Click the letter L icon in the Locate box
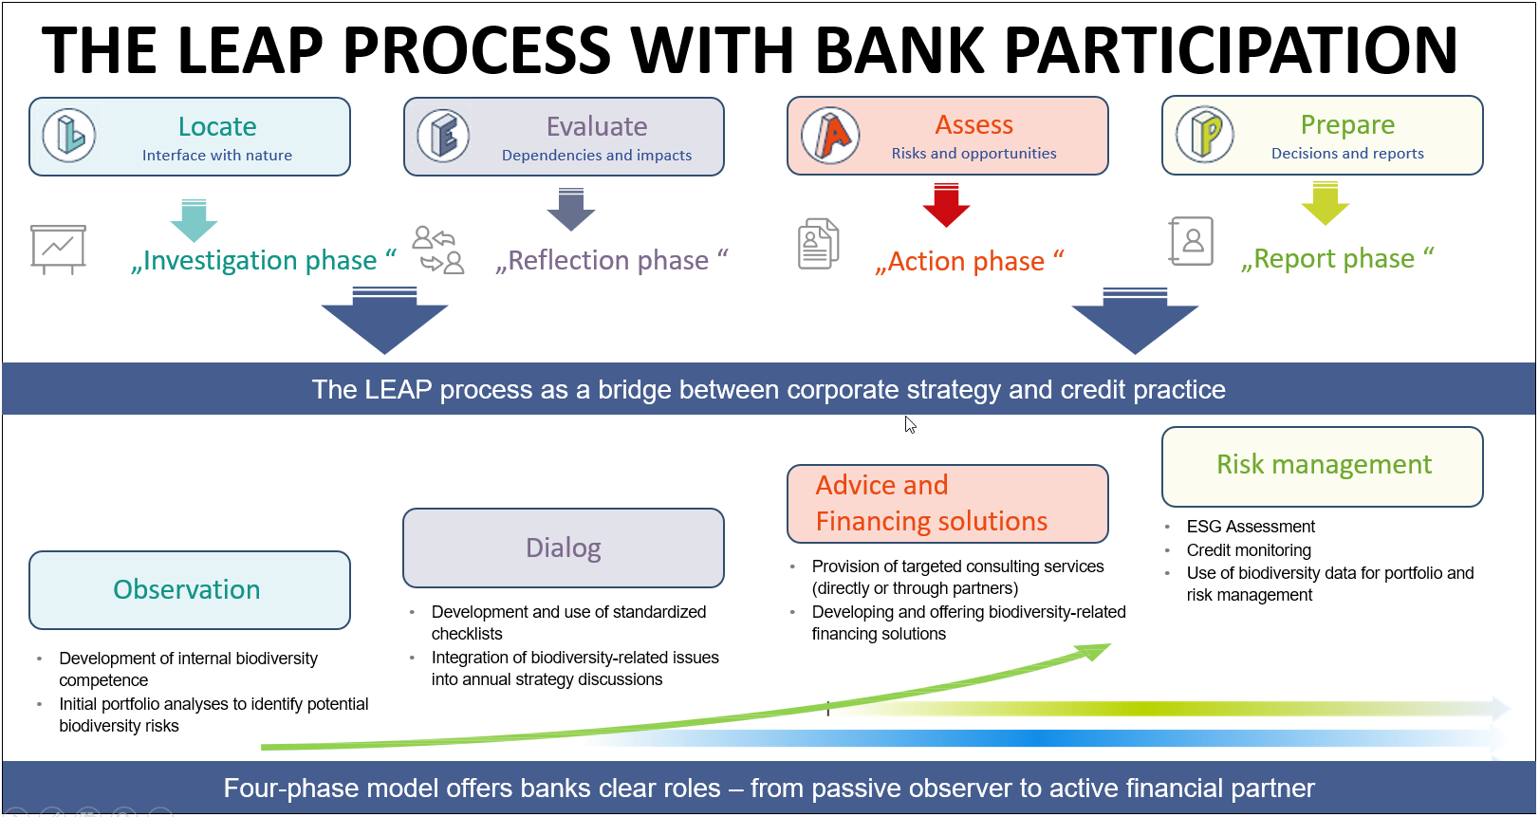(x=69, y=136)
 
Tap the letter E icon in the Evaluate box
(x=443, y=136)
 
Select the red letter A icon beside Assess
(x=830, y=136)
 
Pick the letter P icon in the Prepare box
(x=1205, y=134)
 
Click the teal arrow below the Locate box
(x=194, y=220)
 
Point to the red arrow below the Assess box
(x=946, y=206)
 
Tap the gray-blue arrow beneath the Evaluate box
(x=571, y=210)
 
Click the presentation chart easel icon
(x=58, y=250)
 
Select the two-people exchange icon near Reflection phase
(x=438, y=250)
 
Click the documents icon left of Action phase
(x=818, y=244)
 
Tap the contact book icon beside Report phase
(x=1191, y=241)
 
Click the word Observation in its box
(x=187, y=590)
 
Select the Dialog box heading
(x=564, y=548)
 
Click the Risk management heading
(x=1324, y=465)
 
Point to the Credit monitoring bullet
(x=1249, y=550)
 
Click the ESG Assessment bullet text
(x=1251, y=527)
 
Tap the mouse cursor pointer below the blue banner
(x=910, y=424)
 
